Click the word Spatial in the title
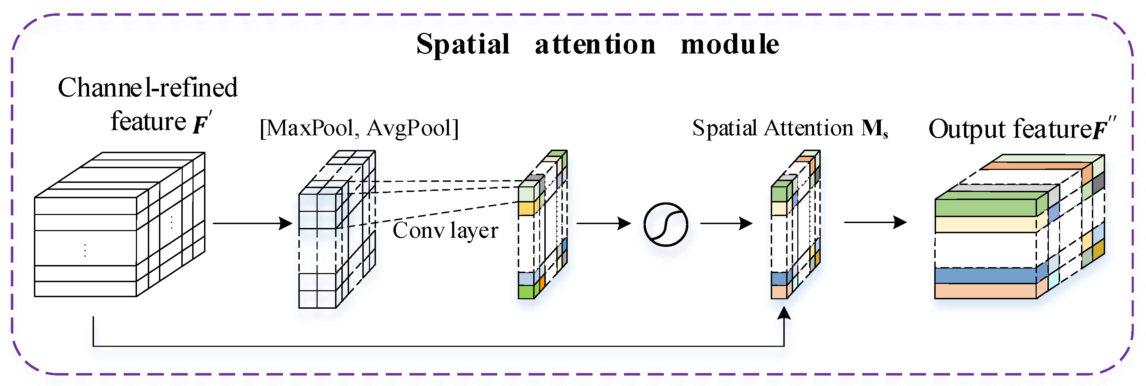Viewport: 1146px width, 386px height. pyautogui.click(x=463, y=44)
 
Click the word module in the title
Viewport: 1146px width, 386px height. pyautogui.click(x=730, y=44)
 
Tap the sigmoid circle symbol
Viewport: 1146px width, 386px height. pyautogui.click(x=666, y=224)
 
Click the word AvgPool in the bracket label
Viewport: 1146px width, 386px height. pyautogui.click(x=409, y=128)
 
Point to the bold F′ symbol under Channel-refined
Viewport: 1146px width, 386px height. pyautogui.click(x=202, y=123)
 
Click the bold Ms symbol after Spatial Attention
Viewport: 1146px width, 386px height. pyautogui.click(x=874, y=129)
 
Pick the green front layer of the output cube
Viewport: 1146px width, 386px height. pyautogui.click(x=985, y=208)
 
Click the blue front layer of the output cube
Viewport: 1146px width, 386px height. pyautogui.click(x=985, y=276)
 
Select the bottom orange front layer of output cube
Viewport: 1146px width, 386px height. pyautogui.click(x=985, y=291)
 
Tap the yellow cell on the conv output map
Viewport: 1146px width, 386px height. pyautogui.click(x=526, y=208)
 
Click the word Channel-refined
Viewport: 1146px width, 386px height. pyautogui.click(x=148, y=87)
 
